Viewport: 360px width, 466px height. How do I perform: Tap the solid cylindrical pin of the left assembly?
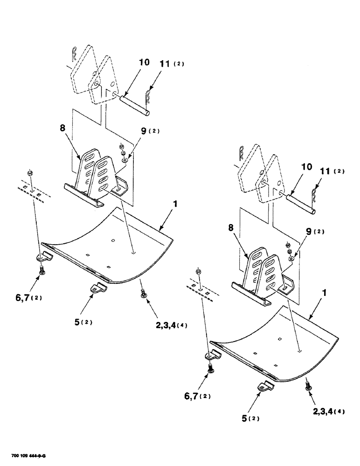[134, 106]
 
